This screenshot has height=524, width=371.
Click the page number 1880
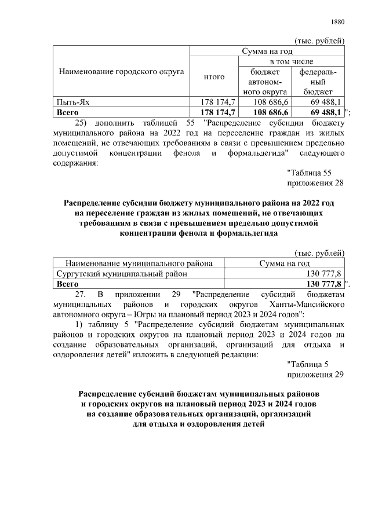[337, 23]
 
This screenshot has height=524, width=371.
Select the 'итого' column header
[214, 76]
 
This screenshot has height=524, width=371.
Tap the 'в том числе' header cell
[290, 61]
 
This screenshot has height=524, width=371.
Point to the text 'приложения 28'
[316, 184]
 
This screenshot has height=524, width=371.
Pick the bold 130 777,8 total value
[322, 284]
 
